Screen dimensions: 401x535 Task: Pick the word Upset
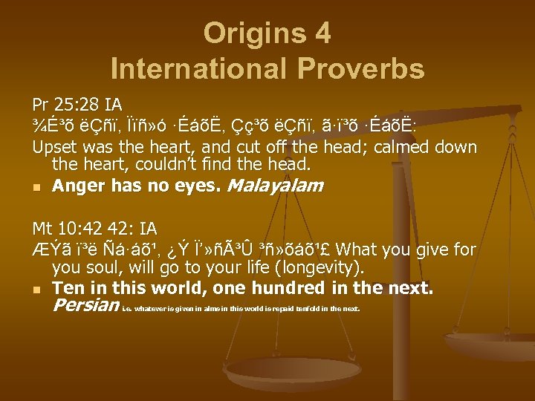coord(53,146)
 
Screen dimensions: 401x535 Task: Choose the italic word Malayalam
coord(274,186)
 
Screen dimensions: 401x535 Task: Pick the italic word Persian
coord(85,305)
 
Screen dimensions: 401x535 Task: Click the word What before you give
coord(369,249)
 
